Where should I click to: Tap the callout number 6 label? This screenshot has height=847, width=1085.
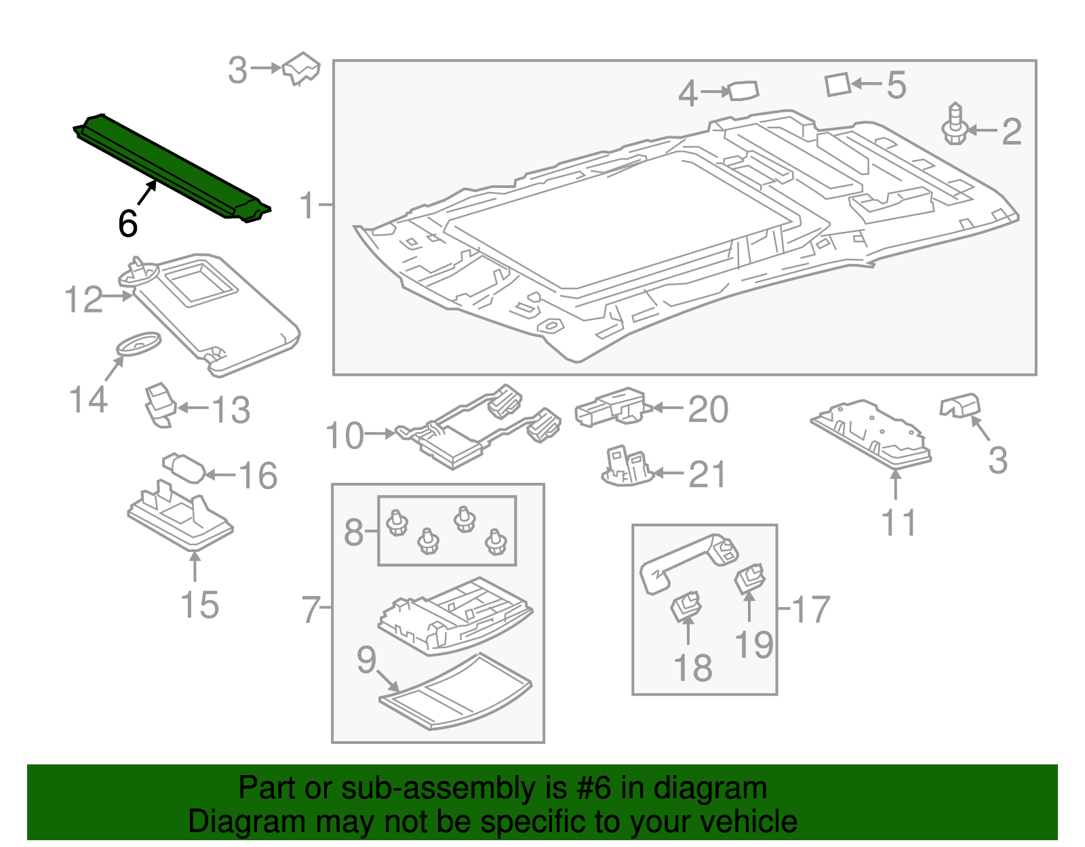click(x=127, y=224)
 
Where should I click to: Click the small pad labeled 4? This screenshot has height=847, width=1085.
click(x=743, y=90)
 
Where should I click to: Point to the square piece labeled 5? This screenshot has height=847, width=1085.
click(x=838, y=85)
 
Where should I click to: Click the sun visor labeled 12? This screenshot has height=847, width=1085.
click(x=217, y=312)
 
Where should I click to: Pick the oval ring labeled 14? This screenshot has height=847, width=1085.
click(x=139, y=342)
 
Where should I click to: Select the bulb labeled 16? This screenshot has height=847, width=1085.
click(x=184, y=468)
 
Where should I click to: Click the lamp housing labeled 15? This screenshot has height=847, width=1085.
click(x=180, y=519)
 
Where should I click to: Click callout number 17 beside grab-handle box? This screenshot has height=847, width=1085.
click(x=810, y=610)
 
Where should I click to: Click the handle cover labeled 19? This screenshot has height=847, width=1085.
click(x=750, y=578)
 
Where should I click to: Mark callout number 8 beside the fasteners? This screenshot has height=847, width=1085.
click(x=353, y=532)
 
